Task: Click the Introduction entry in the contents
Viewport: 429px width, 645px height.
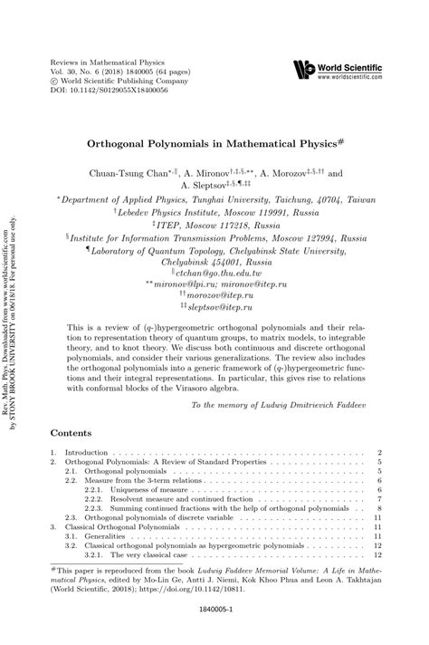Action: click(87, 452)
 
